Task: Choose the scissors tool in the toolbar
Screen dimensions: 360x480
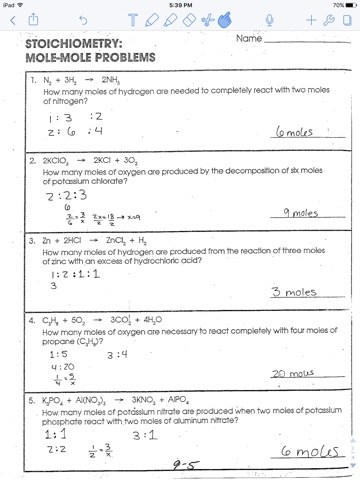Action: (x=207, y=19)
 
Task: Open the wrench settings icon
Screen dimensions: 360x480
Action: (x=329, y=19)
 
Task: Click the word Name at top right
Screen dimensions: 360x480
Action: (x=249, y=40)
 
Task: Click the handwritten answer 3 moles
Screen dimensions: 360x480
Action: (x=291, y=292)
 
